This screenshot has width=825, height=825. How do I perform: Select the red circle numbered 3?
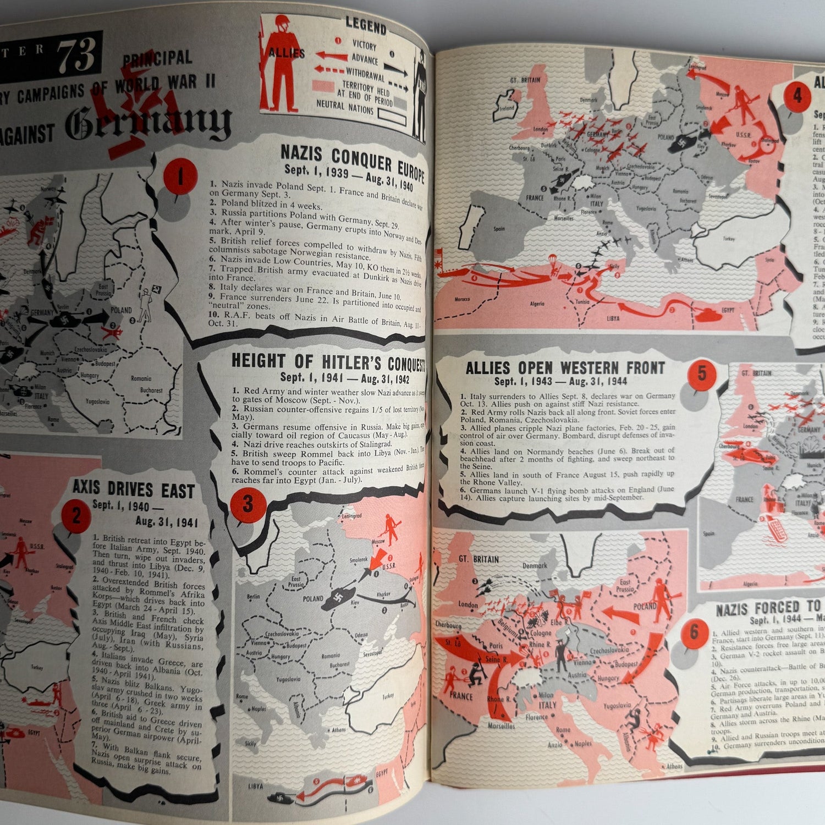247,504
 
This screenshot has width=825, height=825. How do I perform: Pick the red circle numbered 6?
694,632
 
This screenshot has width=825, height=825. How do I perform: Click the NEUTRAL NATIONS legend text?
345,106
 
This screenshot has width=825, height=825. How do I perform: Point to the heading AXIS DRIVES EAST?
134,490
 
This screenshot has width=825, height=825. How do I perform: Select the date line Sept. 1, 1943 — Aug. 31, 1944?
561,381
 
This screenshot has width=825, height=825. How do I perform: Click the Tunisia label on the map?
582,301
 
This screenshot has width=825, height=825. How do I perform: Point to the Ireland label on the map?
507,108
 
